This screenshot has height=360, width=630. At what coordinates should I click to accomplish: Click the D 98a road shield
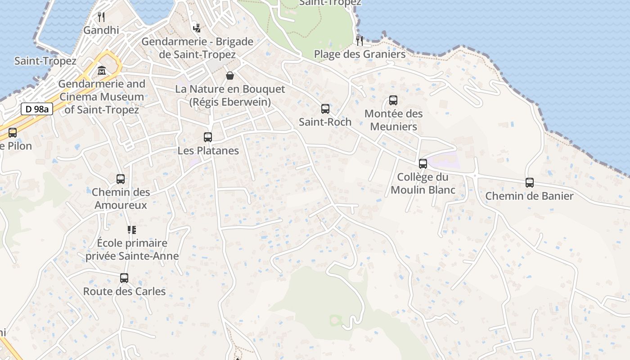point(37,109)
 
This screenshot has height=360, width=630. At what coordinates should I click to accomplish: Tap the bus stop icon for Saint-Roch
point(325,109)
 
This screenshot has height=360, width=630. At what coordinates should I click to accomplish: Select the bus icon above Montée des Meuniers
point(393,100)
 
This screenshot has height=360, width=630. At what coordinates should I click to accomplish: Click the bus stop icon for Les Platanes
point(208,137)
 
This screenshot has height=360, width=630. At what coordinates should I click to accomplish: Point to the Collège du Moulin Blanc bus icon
point(423,164)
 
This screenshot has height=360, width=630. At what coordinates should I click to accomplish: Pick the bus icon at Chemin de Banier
point(530,183)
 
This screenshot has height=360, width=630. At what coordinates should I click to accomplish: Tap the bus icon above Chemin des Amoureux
point(121,179)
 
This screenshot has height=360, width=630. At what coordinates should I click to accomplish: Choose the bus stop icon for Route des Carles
point(124,278)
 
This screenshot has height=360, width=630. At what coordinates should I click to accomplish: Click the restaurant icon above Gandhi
point(101,17)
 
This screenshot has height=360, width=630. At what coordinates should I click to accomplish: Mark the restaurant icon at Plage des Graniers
point(360,41)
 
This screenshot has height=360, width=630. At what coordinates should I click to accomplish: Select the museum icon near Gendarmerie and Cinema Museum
point(102,71)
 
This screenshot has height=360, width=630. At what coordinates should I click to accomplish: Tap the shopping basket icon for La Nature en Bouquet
point(230,76)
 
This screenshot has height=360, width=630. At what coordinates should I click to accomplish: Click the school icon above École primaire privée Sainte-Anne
point(132,230)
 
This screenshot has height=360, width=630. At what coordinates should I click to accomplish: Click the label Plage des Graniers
point(360,54)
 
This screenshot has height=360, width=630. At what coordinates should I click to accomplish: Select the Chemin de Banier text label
point(529,196)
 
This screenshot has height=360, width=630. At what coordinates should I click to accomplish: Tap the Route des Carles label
point(124,292)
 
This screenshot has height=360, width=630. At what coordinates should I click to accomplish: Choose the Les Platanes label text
point(208,151)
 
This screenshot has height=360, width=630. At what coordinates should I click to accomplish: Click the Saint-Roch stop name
point(325,122)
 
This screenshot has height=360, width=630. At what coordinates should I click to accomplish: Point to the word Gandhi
point(101,31)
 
